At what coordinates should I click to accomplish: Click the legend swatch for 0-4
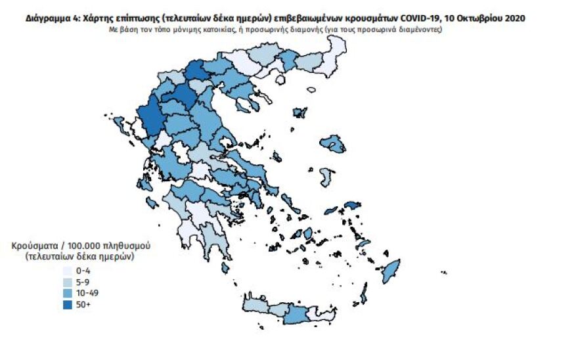coord(68,270)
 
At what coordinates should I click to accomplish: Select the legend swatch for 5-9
coord(68,281)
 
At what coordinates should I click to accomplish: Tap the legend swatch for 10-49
coord(68,292)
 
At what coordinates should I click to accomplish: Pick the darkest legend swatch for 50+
coord(68,304)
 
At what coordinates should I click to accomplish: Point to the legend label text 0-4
coord(83,270)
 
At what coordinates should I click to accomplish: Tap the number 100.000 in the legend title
coord(84,246)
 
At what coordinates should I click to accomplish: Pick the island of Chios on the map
coord(326,176)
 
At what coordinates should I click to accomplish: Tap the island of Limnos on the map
coord(301,113)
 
